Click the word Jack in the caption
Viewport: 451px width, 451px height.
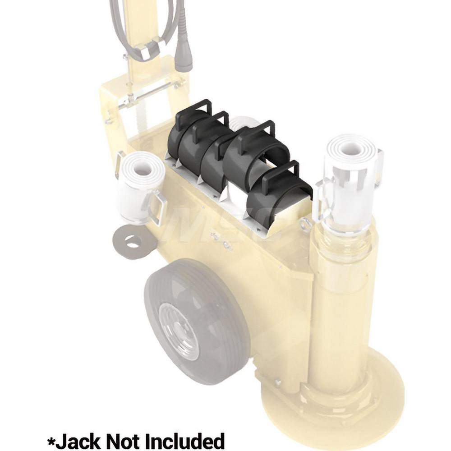point(77,441)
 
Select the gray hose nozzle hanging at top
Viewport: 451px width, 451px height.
point(184,54)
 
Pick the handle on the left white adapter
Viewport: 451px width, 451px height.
point(158,207)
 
